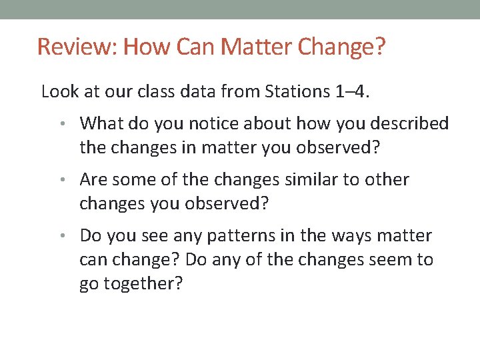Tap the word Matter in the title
(257, 47)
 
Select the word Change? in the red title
(342, 47)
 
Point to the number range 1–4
(351, 91)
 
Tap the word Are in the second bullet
(93, 179)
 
